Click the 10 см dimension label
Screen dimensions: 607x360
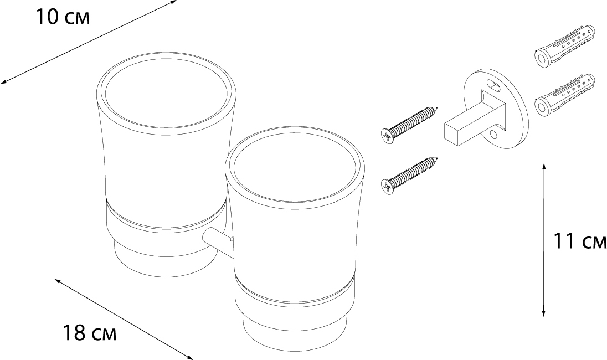[63, 17]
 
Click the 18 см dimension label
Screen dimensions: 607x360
[89, 333]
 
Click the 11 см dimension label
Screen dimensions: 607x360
[579, 241]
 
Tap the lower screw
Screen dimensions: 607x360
[409, 174]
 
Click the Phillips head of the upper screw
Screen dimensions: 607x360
[386, 135]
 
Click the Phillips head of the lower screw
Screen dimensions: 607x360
[386, 186]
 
